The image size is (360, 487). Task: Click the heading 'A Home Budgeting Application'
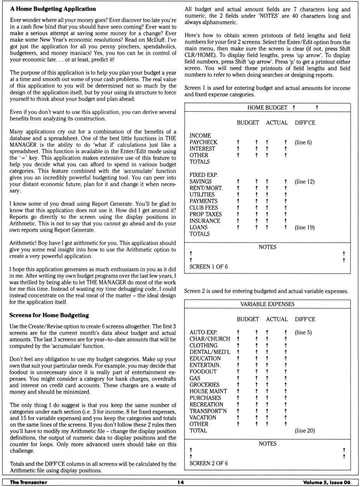(53, 9)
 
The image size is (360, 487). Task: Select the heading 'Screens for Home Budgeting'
(49, 315)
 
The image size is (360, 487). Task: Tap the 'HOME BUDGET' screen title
(267, 108)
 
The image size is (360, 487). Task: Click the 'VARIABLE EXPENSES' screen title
(267, 304)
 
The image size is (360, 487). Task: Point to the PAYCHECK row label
(203, 142)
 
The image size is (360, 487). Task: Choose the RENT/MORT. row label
(206, 188)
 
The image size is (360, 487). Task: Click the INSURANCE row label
(205, 221)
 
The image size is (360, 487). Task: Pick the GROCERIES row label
(204, 385)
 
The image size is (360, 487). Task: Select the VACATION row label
(203, 418)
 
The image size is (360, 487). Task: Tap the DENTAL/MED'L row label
(210, 352)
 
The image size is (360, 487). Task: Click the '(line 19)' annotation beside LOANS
(304, 227)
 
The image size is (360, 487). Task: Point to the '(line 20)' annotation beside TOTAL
(304, 431)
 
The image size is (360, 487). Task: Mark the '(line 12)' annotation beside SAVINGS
(304, 182)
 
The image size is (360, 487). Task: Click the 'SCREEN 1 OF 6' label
(208, 267)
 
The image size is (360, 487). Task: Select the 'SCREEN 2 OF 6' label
(208, 463)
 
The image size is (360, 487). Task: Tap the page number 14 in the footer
(180, 482)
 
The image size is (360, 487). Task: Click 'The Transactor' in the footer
(28, 482)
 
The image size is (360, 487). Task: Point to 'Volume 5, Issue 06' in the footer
(327, 482)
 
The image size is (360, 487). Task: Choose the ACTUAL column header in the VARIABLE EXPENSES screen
(277, 319)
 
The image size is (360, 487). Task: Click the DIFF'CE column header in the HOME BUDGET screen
(305, 123)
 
